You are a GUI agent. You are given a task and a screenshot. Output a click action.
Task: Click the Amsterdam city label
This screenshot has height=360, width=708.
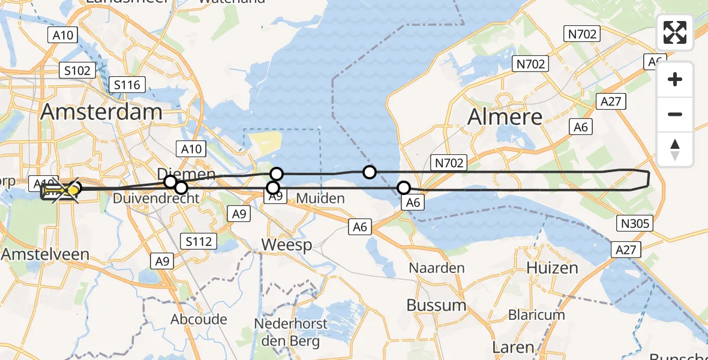pyautogui.click(x=101, y=112)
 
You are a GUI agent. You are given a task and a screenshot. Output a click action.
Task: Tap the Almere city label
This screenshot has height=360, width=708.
pyautogui.click(x=505, y=116)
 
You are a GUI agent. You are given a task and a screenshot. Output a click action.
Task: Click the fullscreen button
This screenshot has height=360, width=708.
pyautogui.click(x=675, y=32)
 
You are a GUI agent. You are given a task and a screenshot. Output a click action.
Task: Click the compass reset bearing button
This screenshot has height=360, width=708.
pyautogui.click(x=675, y=149)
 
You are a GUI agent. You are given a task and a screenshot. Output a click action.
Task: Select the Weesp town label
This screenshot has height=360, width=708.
pyautogui.click(x=287, y=245)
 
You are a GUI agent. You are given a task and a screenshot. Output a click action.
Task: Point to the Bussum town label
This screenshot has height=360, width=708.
pyautogui.click(x=436, y=305)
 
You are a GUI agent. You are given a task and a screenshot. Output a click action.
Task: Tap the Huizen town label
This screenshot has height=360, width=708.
pyautogui.click(x=553, y=268)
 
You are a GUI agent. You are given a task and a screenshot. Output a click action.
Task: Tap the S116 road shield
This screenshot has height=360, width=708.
pyautogui.click(x=127, y=85)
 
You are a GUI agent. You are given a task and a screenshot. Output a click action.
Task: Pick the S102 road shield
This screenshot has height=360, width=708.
pyautogui.click(x=77, y=71)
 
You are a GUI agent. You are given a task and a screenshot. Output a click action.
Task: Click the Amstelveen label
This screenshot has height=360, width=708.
pyautogui.click(x=45, y=254)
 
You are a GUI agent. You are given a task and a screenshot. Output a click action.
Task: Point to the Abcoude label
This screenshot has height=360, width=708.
pyautogui.click(x=199, y=319)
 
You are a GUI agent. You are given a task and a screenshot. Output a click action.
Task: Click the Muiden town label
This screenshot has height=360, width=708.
pyautogui.click(x=320, y=198)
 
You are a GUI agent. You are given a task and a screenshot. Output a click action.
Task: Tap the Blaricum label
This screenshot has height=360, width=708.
pyautogui.click(x=536, y=314)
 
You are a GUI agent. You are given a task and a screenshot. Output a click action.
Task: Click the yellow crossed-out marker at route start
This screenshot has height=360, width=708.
pyautogui.click(x=66, y=191)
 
